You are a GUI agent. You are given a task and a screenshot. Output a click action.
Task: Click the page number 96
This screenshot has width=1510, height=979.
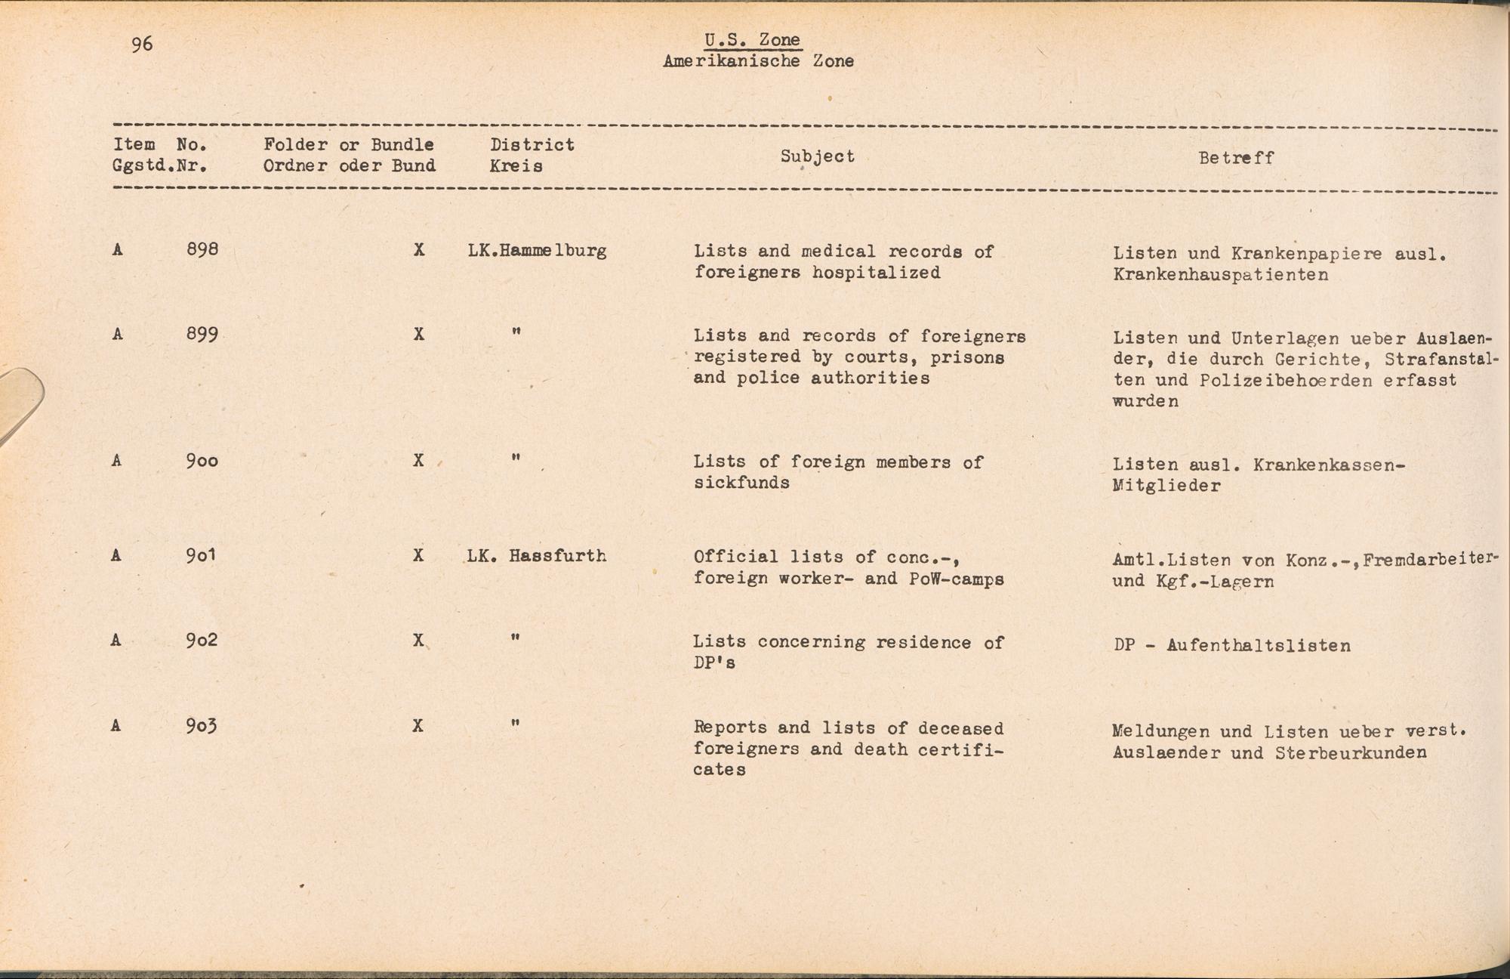click(x=142, y=45)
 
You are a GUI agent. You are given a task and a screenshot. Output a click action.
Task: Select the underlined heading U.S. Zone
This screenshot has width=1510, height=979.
click(x=752, y=40)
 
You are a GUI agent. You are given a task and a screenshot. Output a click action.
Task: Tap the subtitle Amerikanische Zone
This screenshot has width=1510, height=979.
click(x=758, y=62)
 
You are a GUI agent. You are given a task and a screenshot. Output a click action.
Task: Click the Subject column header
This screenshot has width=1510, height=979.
click(x=817, y=156)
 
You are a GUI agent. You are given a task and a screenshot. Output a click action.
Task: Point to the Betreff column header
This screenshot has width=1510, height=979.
click(x=1236, y=158)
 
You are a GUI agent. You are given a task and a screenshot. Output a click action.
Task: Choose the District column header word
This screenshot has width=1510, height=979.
click(x=532, y=145)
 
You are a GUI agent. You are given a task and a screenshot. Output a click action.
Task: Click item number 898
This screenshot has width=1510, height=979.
click(x=202, y=249)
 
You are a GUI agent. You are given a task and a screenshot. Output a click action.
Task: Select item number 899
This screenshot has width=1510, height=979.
click(x=202, y=334)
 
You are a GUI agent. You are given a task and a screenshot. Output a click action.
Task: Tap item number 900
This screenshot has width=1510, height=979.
click(x=202, y=460)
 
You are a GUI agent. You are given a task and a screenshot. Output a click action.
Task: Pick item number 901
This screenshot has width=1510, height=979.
click(x=202, y=555)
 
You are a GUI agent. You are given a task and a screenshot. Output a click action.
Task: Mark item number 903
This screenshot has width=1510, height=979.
click(x=202, y=726)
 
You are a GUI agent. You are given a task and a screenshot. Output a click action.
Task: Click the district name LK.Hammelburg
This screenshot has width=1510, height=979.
click(x=537, y=251)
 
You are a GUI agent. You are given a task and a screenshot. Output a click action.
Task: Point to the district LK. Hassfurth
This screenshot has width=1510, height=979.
click(x=537, y=556)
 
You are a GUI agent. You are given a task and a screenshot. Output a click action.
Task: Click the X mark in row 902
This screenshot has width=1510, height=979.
click(x=418, y=641)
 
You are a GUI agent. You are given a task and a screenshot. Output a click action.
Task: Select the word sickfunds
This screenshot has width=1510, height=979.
click(x=741, y=483)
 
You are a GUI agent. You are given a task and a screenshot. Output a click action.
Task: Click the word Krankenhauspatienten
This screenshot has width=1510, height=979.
click(x=1220, y=275)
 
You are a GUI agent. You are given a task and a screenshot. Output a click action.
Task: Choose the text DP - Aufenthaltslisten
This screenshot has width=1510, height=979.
click(x=1231, y=646)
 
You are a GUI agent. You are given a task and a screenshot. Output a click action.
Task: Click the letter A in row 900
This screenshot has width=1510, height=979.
click(x=116, y=460)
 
